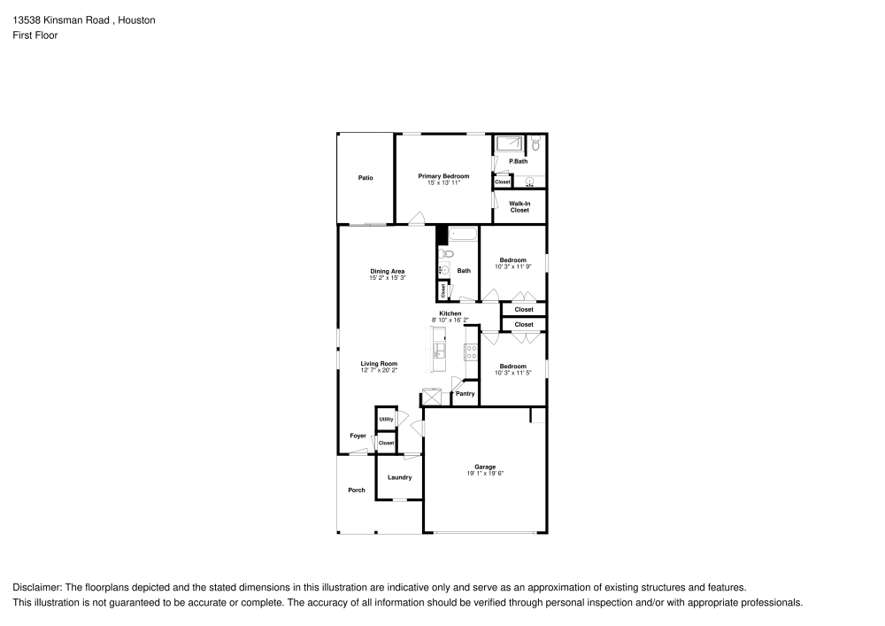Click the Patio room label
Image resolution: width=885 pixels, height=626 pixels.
point(366,178)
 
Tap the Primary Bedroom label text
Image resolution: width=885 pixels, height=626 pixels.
point(443,176)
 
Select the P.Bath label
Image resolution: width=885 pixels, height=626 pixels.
point(519,161)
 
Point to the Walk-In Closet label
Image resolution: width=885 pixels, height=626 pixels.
point(519,207)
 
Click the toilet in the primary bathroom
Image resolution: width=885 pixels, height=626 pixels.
point(535,143)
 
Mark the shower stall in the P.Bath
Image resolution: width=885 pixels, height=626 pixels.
point(509,144)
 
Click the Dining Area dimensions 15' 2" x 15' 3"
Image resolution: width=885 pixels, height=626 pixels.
point(388,278)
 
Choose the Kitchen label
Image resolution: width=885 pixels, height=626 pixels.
point(450,313)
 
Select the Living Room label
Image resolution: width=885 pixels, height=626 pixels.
point(379,363)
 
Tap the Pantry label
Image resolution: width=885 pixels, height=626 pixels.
point(466,394)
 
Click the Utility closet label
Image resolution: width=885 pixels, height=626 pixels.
point(386,420)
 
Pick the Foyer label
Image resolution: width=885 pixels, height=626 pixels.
point(358,436)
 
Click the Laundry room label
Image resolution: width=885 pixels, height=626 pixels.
point(399,477)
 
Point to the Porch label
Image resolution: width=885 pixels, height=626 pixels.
point(356,490)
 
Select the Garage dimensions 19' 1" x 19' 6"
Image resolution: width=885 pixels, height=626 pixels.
point(485,474)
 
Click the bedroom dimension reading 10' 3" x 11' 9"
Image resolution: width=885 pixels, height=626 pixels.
point(512,267)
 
